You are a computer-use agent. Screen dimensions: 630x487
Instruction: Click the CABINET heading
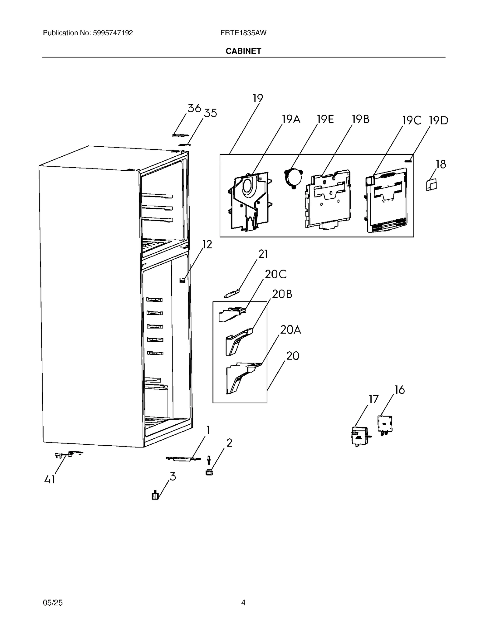click(243, 51)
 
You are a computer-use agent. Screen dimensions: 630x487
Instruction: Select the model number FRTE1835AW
click(243, 33)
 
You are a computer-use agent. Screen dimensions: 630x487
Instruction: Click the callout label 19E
click(325, 119)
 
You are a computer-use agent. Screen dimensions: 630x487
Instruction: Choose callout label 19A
click(291, 119)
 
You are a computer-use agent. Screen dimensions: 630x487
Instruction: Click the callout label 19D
click(439, 120)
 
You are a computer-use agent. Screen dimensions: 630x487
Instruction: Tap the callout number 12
click(207, 244)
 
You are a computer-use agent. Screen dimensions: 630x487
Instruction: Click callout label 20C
click(275, 274)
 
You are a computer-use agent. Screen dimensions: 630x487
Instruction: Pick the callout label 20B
click(282, 294)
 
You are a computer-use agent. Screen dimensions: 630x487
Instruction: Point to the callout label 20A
click(290, 330)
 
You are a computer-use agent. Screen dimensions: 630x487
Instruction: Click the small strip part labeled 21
click(232, 294)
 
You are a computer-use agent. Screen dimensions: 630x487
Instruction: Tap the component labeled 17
click(359, 436)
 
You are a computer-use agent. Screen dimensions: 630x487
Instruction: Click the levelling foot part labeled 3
click(155, 496)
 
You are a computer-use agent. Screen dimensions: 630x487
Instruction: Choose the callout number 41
click(50, 480)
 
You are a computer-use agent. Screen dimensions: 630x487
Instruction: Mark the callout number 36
click(194, 108)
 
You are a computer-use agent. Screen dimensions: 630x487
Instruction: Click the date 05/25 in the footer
click(53, 603)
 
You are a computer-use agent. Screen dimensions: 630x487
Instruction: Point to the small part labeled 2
click(209, 472)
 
